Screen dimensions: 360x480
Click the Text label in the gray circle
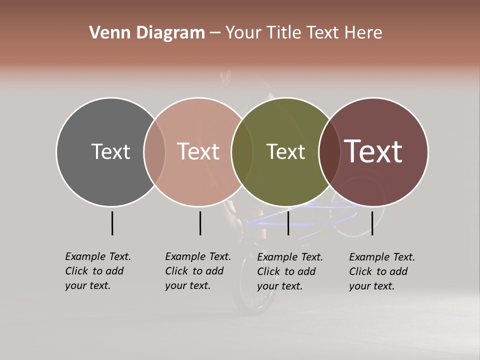pyautogui.click(x=110, y=151)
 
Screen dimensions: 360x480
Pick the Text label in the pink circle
pyautogui.click(x=198, y=151)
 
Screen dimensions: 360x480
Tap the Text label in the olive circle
pyautogui.click(x=285, y=151)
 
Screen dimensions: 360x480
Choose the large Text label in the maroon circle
pyautogui.click(x=373, y=151)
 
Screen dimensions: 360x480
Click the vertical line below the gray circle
pyautogui.click(x=112, y=223)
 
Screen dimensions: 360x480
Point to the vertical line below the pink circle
pyautogui.click(x=200, y=223)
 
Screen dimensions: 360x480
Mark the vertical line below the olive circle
pyautogui.click(x=288, y=223)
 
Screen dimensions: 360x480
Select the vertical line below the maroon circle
pyautogui.click(x=372, y=223)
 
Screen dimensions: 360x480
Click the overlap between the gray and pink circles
pyautogui.click(x=154, y=152)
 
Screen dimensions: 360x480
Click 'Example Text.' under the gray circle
pyautogui.click(x=98, y=256)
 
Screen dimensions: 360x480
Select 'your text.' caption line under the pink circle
pyautogui.click(x=187, y=285)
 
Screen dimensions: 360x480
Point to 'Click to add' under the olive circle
pyautogui.click(x=286, y=271)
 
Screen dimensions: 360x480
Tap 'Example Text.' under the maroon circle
pyautogui.click(x=382, y=257)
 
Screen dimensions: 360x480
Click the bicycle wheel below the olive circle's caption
pyautogui.click(x=255, y=300)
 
